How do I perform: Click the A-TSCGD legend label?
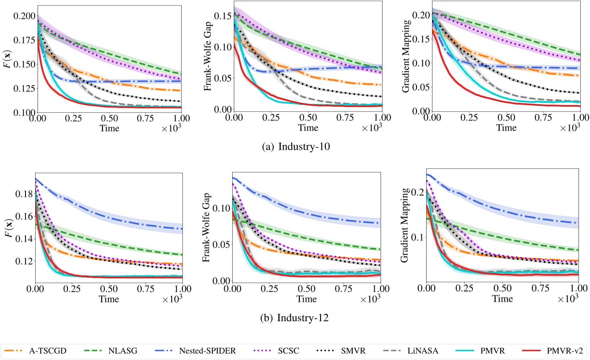[x=47, y=351]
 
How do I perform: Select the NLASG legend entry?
[x=123, y=351]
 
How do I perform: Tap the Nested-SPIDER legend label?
[x=207, y=351]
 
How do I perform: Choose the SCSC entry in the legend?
[x=288, y=351]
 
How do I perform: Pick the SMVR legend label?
[x=353, y=351]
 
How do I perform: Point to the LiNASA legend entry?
[x=423, y=351]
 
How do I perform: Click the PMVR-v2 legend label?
[x=565, y=351]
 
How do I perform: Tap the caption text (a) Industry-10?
[x=296, y=147]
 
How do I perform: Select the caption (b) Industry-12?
[x=294, y=318]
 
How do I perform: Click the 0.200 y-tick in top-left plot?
[x=25, y=16]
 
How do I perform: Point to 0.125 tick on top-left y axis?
[x=25, y=88]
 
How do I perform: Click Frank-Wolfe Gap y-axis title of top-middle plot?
[x=208, y=56]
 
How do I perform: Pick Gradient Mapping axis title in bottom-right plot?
[x=404, y=226]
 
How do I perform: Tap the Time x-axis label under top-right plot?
[x=506, y=128]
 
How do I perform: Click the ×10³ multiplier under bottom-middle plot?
[x=370, y=299]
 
